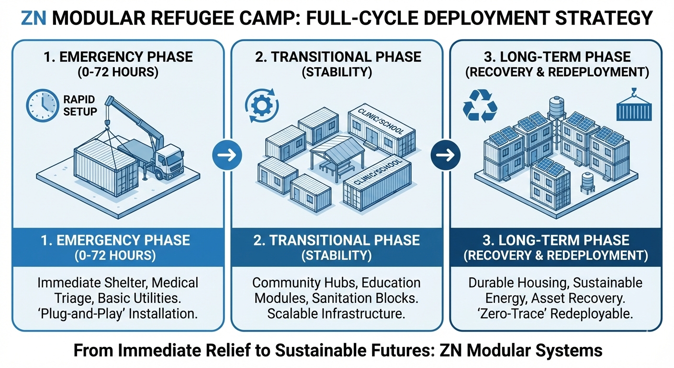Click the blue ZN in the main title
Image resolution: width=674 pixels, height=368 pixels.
coord(34,18)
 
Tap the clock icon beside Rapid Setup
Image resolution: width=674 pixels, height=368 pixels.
coord(40,105)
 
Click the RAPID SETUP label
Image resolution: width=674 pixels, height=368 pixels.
coord(79,105)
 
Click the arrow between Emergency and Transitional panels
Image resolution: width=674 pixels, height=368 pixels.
coord(227,155)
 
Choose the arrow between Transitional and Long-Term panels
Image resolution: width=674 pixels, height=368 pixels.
coord(446,155)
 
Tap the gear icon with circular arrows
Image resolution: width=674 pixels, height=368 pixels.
coord(259,105)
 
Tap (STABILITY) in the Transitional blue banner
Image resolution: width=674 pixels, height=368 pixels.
coord(337,255)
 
